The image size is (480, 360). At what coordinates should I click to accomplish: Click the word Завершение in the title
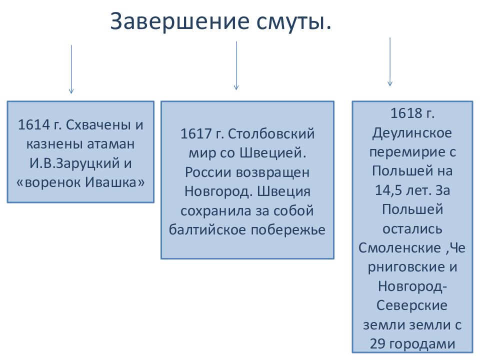pyautogui.click(x=179, y=21)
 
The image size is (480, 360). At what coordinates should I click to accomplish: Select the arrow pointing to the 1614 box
pyautogui.click(x=71, y=69)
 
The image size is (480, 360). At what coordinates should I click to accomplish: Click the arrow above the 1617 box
pyautogui.click(x=236, y=65)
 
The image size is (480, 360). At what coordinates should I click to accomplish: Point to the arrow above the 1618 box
pyautogui.click(x=389, y=62)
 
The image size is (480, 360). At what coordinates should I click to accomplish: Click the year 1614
pyautogui.click(x=34, y=124)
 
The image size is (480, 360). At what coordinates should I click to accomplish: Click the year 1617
pyautogui.click(x=196, y=134)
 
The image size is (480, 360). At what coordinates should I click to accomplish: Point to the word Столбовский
pyautogui.click(x=271, y=134)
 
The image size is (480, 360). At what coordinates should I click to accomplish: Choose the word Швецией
pyautogui.click(x=273, y=153)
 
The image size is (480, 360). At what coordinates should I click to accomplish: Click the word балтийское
pyautogui.click(x=207, y=229)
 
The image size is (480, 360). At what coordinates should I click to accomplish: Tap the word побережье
pyautogui.click(x=288, y=230)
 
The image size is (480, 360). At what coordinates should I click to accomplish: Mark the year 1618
pyautogui.click(x=406, y=113)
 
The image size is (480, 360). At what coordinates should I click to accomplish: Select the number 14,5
pyautogui.click(x=388, y=190)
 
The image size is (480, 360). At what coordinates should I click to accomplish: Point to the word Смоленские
pyautogui.click(x=399, y=248)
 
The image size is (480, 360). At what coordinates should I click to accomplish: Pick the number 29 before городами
pyautogui.click(x=377, y=344)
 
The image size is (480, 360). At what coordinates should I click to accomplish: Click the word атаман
pyautogui.click(x=111, y=144)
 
